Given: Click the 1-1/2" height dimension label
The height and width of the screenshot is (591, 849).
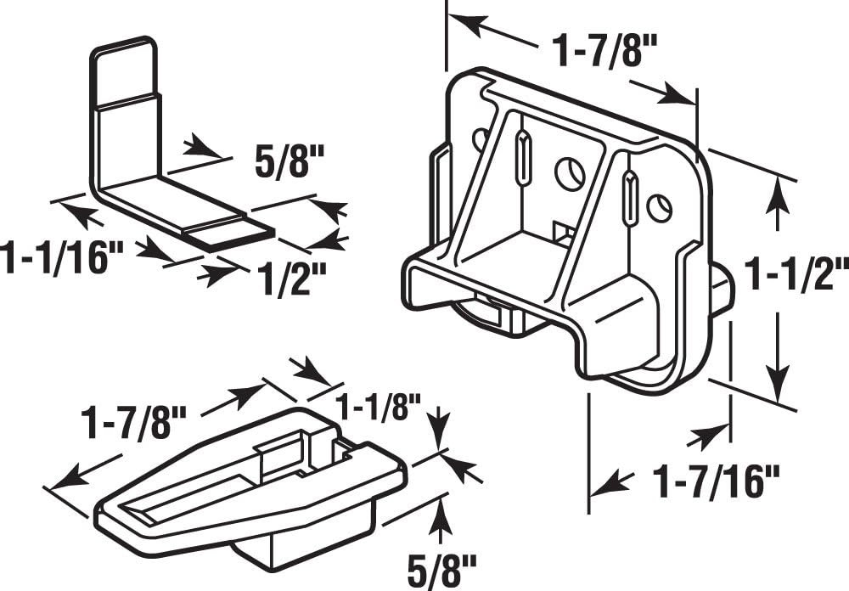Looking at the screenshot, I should coord(796,275).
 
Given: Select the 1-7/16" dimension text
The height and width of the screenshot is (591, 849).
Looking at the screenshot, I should coord(716,483).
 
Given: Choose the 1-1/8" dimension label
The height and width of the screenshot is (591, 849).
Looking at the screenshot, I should coord(378,407).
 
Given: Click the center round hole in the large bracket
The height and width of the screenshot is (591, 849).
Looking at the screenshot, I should coord(571,174).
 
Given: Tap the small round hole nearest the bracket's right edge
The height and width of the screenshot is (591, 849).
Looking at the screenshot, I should coord(659,205).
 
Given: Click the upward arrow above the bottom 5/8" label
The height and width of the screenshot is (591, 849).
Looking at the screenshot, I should coord(439,516).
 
